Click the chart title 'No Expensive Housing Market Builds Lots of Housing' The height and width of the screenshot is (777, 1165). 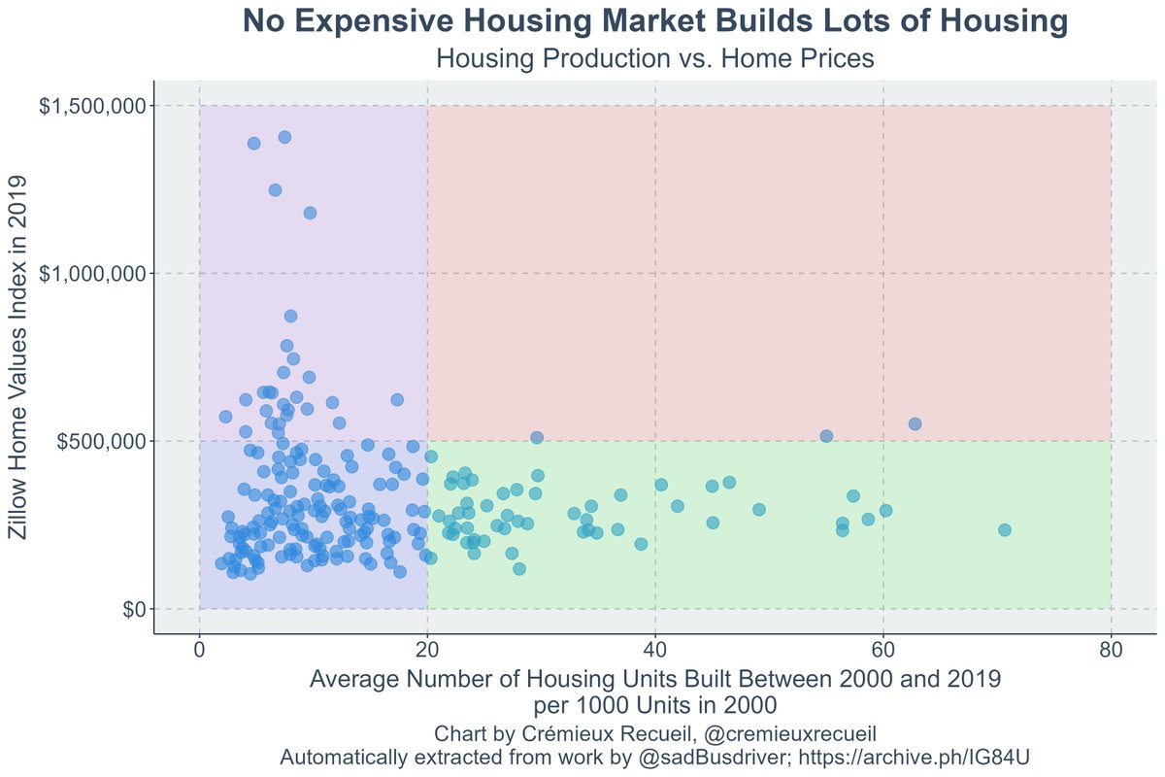pos(655,21)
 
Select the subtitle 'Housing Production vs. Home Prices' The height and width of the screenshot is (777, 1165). pos(655,59)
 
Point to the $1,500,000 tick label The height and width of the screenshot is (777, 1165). pos(93,106)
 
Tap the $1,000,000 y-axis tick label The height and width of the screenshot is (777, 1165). pos(93,274)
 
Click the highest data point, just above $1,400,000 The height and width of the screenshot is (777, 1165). pos(284,137)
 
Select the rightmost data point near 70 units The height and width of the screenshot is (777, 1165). pos(1005,529)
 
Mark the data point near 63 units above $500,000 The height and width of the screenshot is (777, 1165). pos(915,423)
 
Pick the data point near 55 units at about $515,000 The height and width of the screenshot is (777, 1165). pos(826,436)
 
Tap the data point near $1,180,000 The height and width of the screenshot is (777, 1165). pos(310,213)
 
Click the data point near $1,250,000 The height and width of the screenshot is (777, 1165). pos(275,189)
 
